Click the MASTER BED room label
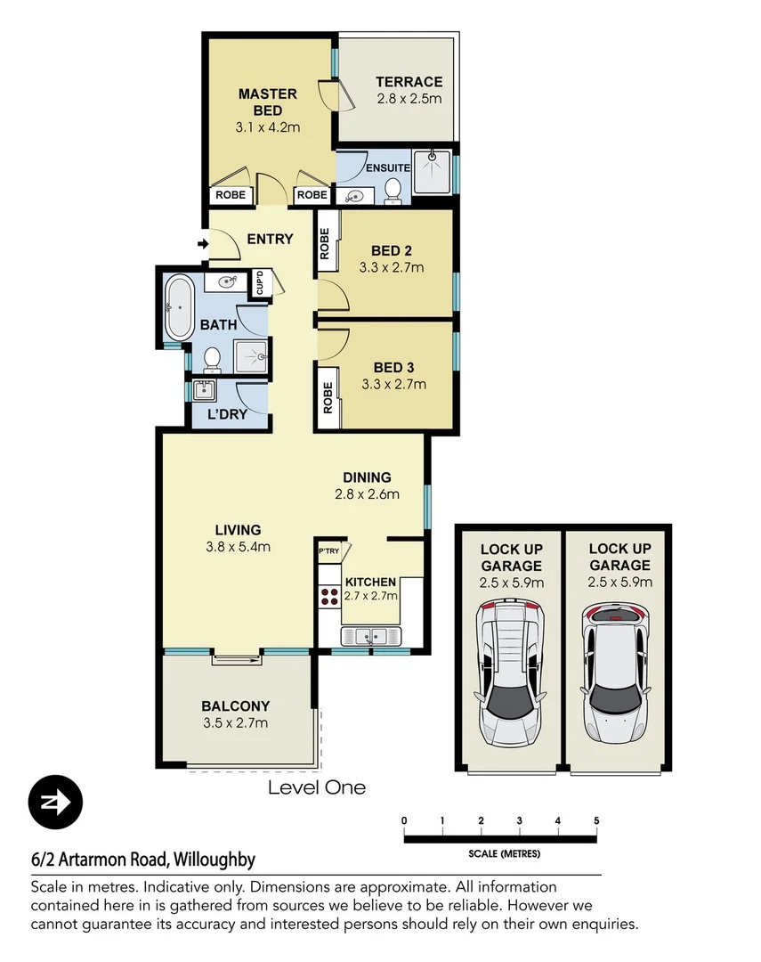(x=267, y=102)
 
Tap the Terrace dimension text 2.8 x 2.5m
(x=408, y=99)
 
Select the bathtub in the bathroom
(x=178, y=308)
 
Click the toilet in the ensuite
(x=393, y=188)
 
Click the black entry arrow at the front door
(x=202, y=243)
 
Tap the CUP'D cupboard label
(x=260, y=282)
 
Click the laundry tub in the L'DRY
(x=204, y=390)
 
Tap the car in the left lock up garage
(x=510, y=672)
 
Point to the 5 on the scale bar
(x=596, y=820)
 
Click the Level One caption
(x=317, y=787)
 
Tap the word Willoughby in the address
(x=215, y=860)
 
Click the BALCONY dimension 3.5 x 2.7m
(x=235, y=722)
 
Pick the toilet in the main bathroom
(x=212, y=358)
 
